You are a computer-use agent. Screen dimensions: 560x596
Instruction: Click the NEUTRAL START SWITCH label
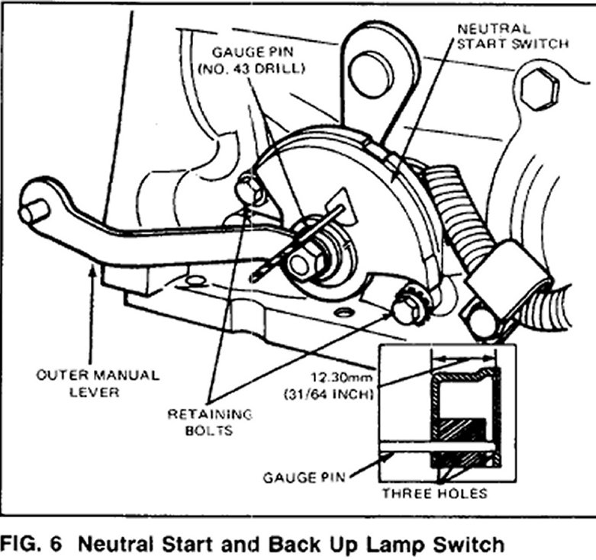pyautogui.click(x=512, y=36)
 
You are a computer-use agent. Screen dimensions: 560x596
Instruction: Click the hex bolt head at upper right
pyautogui.click(x=541, y=88)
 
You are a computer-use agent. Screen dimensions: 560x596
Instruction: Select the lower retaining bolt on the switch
pyautogui.click(x=404, y=310)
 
